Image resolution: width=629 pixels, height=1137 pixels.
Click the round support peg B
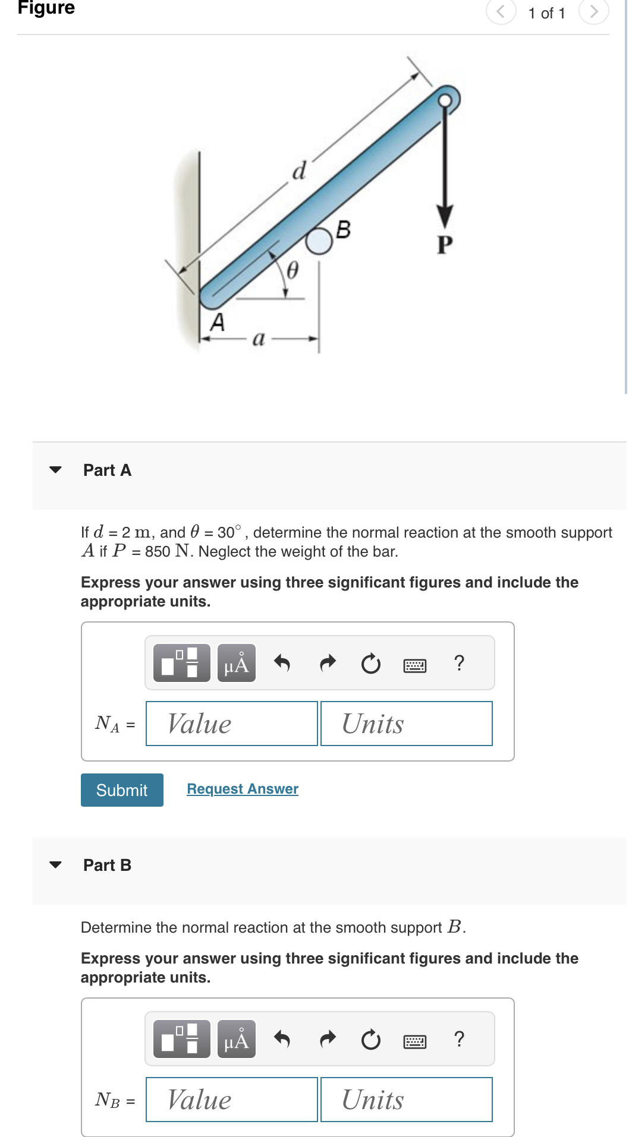tap(319, 241)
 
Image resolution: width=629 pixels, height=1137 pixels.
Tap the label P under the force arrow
tap(445, 244)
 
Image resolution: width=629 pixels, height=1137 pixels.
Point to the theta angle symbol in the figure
tap(292, 271)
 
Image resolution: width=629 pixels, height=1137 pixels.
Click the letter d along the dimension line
tap(299, 170)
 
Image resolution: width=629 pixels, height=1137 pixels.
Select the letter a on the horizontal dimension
tap(259, 339)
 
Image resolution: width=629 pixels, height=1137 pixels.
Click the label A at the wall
tap(218, 322)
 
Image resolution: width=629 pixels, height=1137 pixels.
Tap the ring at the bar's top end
tap(445, 100)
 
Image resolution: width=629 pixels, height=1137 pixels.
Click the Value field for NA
tap(232, 724)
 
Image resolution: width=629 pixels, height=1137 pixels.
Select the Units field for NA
tap(407, 724)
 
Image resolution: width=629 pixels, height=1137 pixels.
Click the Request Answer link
tap(243, 789)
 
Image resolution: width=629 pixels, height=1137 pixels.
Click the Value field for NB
tap(232, 1100)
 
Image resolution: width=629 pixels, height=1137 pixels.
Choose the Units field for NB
tap(407, 1100)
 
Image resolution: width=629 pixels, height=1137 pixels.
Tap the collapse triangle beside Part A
tap(56, 470)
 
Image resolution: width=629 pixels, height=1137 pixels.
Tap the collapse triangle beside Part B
tap(56, 865)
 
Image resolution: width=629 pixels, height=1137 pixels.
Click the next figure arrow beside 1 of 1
tap(593, 12)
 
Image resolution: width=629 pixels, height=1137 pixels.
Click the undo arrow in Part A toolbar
tap(282, 663)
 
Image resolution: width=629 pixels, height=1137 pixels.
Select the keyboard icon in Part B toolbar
tap(415, 1041)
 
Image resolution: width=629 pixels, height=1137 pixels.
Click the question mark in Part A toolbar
tap(458, 663)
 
